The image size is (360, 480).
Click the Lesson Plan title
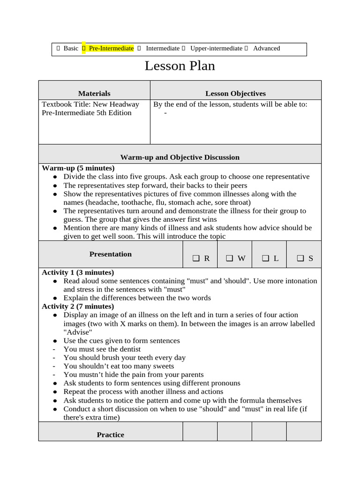tap(180, 66)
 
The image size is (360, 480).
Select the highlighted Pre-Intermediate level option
tap(111, 48)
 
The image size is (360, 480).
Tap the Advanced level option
tap(266, 48)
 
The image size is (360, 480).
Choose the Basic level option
tap(71, 48)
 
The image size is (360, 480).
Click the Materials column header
tap(94, 94)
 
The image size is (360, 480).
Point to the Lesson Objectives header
tap(235, 94)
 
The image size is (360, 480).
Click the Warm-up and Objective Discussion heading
tap(180, 157)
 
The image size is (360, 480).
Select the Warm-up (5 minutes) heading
tap(78, 168)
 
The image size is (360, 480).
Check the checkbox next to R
tap(195, 258)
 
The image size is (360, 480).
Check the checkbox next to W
tap(229, 258)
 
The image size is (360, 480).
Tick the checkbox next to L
tap(265, 258)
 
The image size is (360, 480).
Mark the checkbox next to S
tap(300, 258)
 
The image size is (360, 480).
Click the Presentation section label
tap(111, 254)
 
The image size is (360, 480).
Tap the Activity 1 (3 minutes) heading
tap(78, 272)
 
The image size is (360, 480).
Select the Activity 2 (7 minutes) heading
tap(78, 307)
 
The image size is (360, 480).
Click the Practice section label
tap(111, 435)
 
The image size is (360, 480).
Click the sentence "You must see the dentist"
tap(102, 349)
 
